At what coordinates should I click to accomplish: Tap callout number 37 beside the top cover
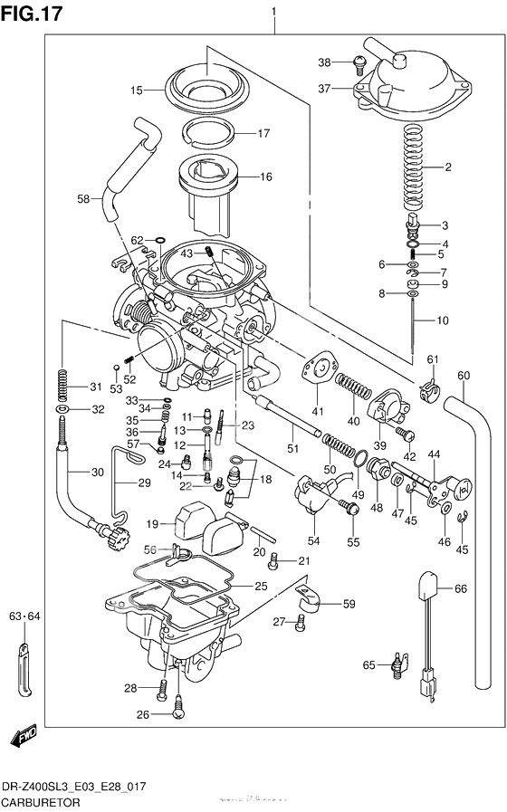(x=325, y=89)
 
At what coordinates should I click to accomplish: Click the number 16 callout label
(x=265, y=177)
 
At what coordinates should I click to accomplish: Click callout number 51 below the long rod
(x=292, y=448)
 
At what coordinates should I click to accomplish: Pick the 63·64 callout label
(x=25, y=617)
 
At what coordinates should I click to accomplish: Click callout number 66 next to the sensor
(x=460, y=588)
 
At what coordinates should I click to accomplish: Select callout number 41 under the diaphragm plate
(x=318, y=412)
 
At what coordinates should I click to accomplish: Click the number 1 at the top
(x=273, y=11)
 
